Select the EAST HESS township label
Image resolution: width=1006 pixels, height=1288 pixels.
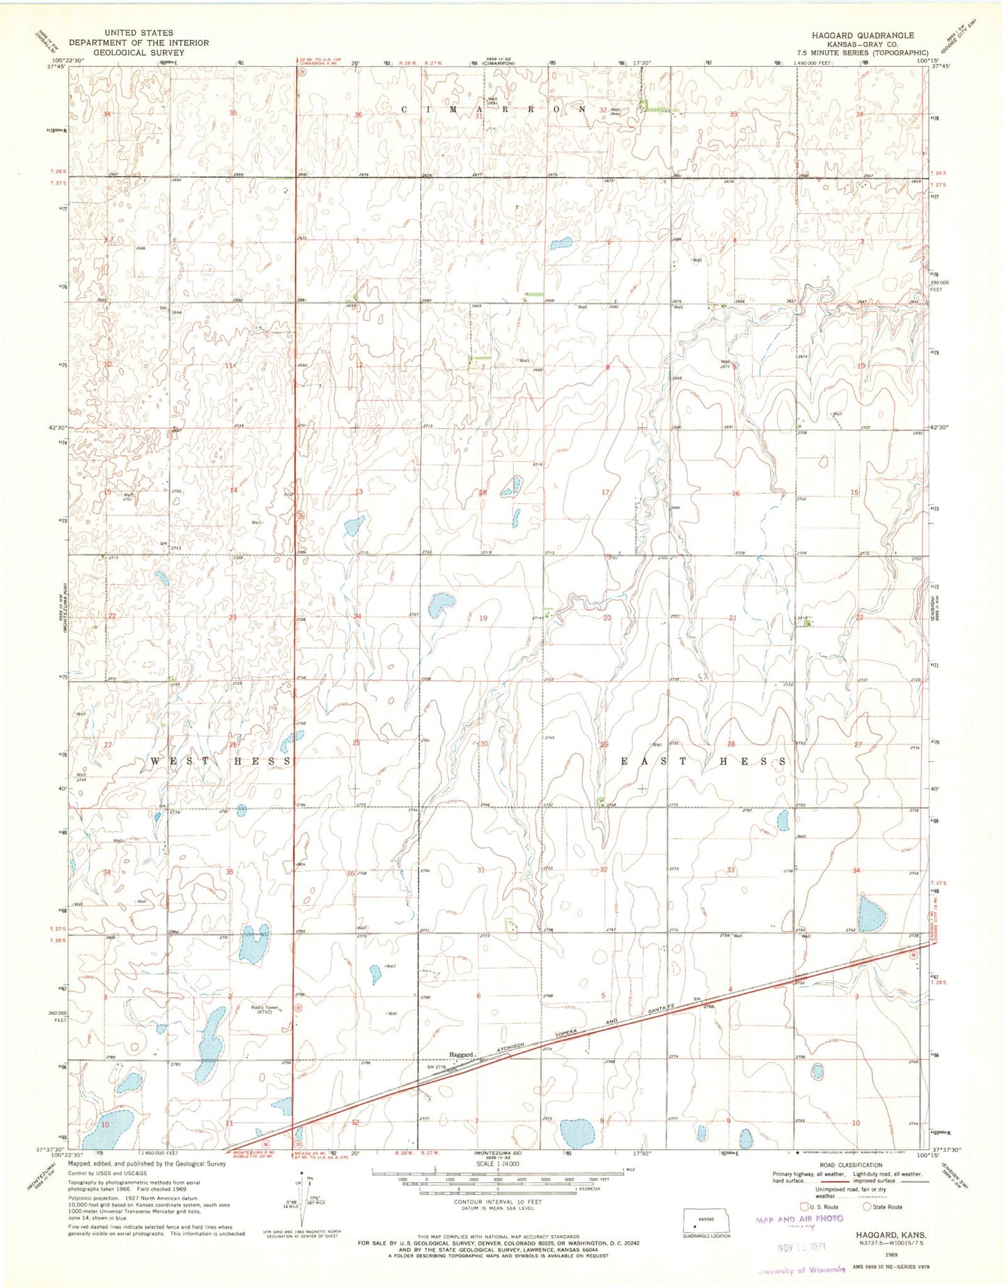(x=704, y=762)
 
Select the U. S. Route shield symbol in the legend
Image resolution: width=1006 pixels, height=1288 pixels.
(x=805, y=1207)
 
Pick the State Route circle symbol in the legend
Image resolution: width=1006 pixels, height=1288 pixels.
(x=867, y=1207)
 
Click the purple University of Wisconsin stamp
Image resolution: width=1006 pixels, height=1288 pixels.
(x=801, y=1270)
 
